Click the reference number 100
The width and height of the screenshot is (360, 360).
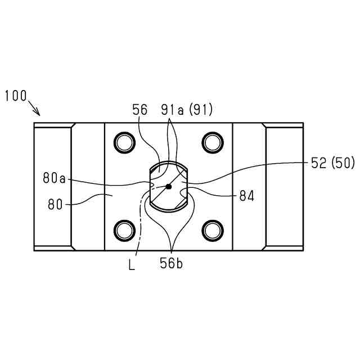(16, 96)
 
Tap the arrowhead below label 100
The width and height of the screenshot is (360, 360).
(37, 112)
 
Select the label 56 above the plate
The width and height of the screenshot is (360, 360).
(140, 110)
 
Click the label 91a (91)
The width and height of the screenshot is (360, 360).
(187, 110)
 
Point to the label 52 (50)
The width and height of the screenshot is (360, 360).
(333, 163)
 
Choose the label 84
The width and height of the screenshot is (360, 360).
(247, 196)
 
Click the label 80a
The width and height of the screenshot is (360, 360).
(54, 178)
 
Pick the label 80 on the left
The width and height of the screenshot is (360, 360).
(55, 204)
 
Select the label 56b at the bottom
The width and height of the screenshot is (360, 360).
(172, 263)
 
